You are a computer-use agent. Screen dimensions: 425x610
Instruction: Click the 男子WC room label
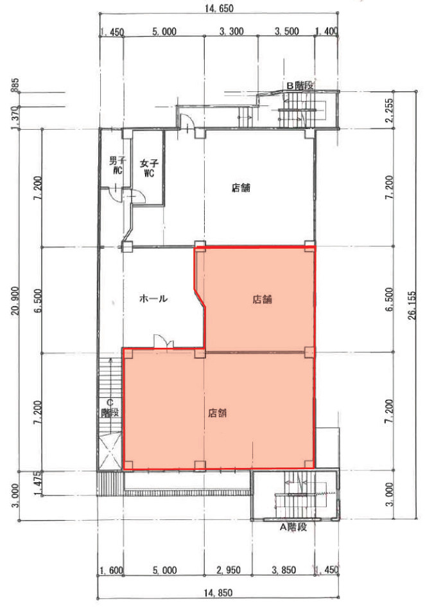pyautogui.click(x=116, y=165)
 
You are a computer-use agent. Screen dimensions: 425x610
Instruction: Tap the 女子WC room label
pyautogui.click(x=149, y=168)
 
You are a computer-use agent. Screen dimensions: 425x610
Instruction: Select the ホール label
pyautogui.click(x=153, y=298)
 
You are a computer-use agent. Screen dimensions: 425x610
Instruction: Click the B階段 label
pyautogui.click(x=300, y=85)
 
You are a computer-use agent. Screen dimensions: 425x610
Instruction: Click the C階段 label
pyautogui.click(x=110, y=408)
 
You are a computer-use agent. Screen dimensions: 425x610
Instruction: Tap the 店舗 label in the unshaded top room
pyautogui.click(x=241, y=188)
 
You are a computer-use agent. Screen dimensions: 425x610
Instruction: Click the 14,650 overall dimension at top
pyautogui.click(x=219, y=8)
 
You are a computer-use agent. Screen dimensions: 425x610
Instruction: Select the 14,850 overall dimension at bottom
pyautogui.click(x=218, y=593)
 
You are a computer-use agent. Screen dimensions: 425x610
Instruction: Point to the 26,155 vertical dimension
pyautogui.click(x=412, y=305)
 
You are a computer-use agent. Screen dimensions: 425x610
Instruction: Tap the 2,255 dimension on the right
pyautogui.click(x=390, y=110)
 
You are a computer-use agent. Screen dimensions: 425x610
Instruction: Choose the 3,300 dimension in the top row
pyautogui.click(x=232, y=31)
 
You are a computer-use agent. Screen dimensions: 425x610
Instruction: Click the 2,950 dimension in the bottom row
pyautogui.click(x=229, y=570)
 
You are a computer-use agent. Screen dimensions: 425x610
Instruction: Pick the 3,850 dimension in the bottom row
pyautogui.click(x=284, y=570)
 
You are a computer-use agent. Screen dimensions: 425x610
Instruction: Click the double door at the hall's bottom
pyautogui.click(x=164, y=341)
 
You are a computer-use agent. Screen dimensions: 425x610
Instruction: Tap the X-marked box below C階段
pyautogui.click(x=110, y=452)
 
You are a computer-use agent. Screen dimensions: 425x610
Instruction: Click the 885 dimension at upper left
pyautogui.click(x=15, y=85)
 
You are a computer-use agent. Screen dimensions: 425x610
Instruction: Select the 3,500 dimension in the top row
pyautogui.click(x=287, y=31)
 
